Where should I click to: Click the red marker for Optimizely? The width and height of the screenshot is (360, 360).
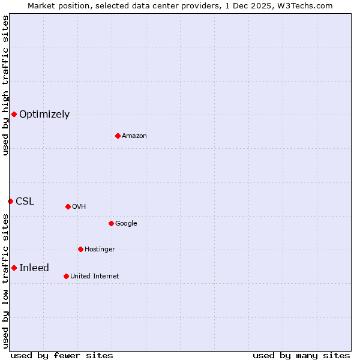pos(14,114)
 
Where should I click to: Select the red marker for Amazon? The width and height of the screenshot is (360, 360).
pos(118,136)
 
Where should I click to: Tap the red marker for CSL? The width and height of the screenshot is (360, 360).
pos(10,201)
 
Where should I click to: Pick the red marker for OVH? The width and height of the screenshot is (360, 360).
pos(68,206)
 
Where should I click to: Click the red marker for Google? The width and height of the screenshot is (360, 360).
pos(111,223)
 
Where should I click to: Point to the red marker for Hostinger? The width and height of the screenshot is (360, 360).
pos(80,249)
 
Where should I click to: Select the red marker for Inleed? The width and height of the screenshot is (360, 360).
pos(14,268)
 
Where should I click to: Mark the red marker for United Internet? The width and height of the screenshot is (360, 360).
pos(66,276)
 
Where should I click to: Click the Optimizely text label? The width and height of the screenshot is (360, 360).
pos(44,115)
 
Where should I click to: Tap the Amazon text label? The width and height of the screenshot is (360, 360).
pos(134,136)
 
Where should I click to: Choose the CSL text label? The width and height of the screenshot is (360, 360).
pos(25,202)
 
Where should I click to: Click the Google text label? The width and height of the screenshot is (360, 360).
pos(126,224)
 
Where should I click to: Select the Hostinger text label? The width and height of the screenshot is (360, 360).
pos(100,250)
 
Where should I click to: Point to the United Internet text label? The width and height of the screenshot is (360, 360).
pos(94,277)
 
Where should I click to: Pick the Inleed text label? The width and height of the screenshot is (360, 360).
pos(34,268)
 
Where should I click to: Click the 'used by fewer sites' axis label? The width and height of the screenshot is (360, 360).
pos(62,355)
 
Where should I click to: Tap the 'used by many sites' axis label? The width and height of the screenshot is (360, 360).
pos(301,355)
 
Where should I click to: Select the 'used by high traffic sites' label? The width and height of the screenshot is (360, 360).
pos(5,85)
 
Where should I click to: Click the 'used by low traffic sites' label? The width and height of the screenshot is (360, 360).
pos(5,281)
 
